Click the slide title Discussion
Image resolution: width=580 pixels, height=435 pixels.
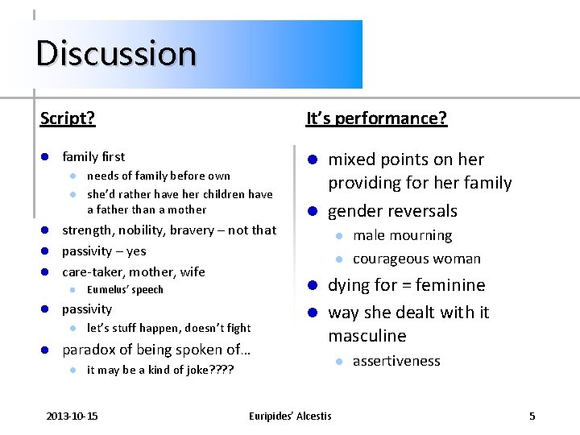[116, 53]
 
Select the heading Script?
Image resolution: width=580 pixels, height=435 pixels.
[68, 118]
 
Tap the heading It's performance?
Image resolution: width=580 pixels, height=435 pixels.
[376, 118]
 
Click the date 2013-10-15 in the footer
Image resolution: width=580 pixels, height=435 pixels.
[72, 416]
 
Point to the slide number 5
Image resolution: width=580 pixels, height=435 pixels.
[532, 416]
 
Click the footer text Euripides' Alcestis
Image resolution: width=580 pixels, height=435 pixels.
[290, 416]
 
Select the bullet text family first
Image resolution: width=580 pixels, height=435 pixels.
[93, 156]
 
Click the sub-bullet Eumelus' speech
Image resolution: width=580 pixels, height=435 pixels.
[125, 290]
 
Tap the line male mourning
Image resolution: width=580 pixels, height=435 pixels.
[402, 235]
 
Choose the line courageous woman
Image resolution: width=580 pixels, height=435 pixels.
[416, 259]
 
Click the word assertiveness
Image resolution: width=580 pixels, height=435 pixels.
[396, 361]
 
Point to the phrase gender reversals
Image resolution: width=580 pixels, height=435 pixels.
[392, 211]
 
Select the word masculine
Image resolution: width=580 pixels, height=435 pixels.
[367, 335]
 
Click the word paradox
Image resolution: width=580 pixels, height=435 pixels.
[88, 350]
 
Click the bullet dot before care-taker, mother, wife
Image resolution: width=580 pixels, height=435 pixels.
[46, 272]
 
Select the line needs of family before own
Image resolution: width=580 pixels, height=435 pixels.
[158, 176]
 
